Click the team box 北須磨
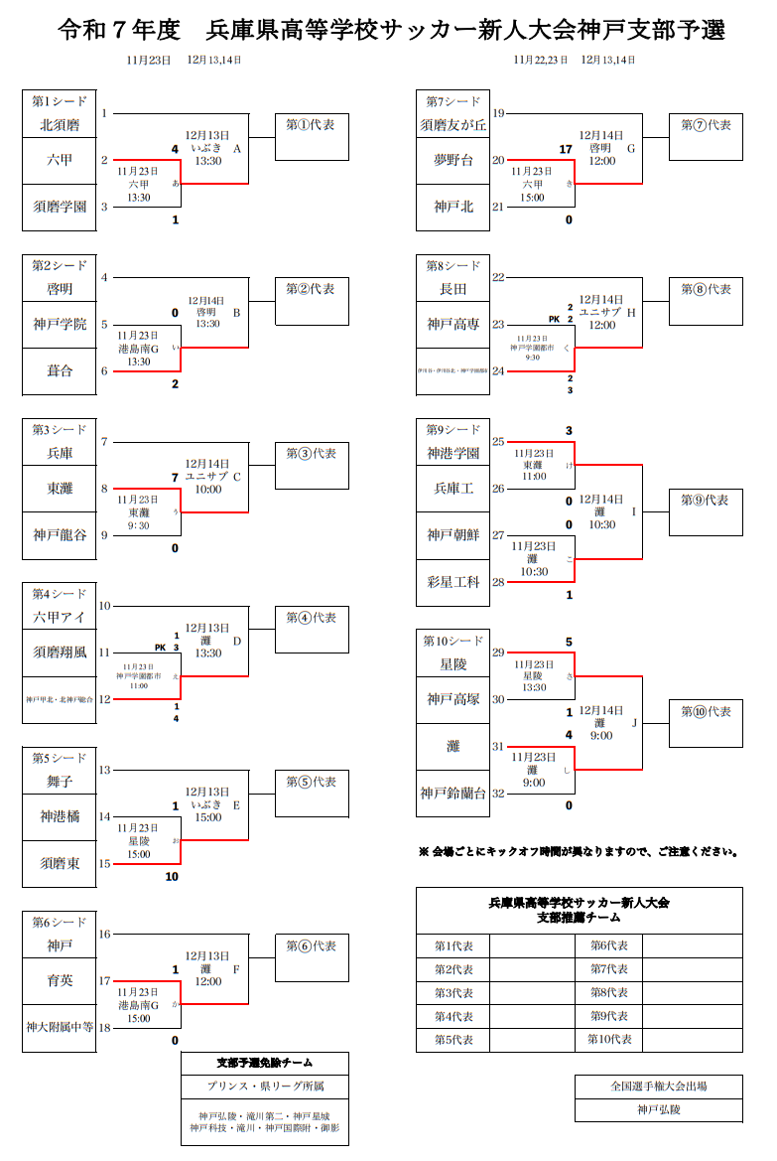tap(60, 126)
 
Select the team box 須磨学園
tap(60, 208)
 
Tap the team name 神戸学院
tap(60, 324)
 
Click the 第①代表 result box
tap(311, 136)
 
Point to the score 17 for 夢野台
tap(567, 150)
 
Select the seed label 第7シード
tap(453, 101)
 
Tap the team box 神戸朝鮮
tap(453, 535)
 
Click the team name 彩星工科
tap(453, 582)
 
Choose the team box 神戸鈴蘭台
tap(453, 793)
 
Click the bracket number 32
tap(498, 793)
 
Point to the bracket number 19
tap(498, 114)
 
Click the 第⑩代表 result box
tap(706, 722)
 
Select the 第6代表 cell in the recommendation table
tap(609, 945)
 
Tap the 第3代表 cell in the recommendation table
tap(453, 993)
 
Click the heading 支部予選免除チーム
tap(265, 1064)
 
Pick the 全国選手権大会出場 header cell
tap(658, 1087)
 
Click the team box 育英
tap(60, 980)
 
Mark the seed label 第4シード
tap(60, 594)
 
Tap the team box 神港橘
tap(60, 816)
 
